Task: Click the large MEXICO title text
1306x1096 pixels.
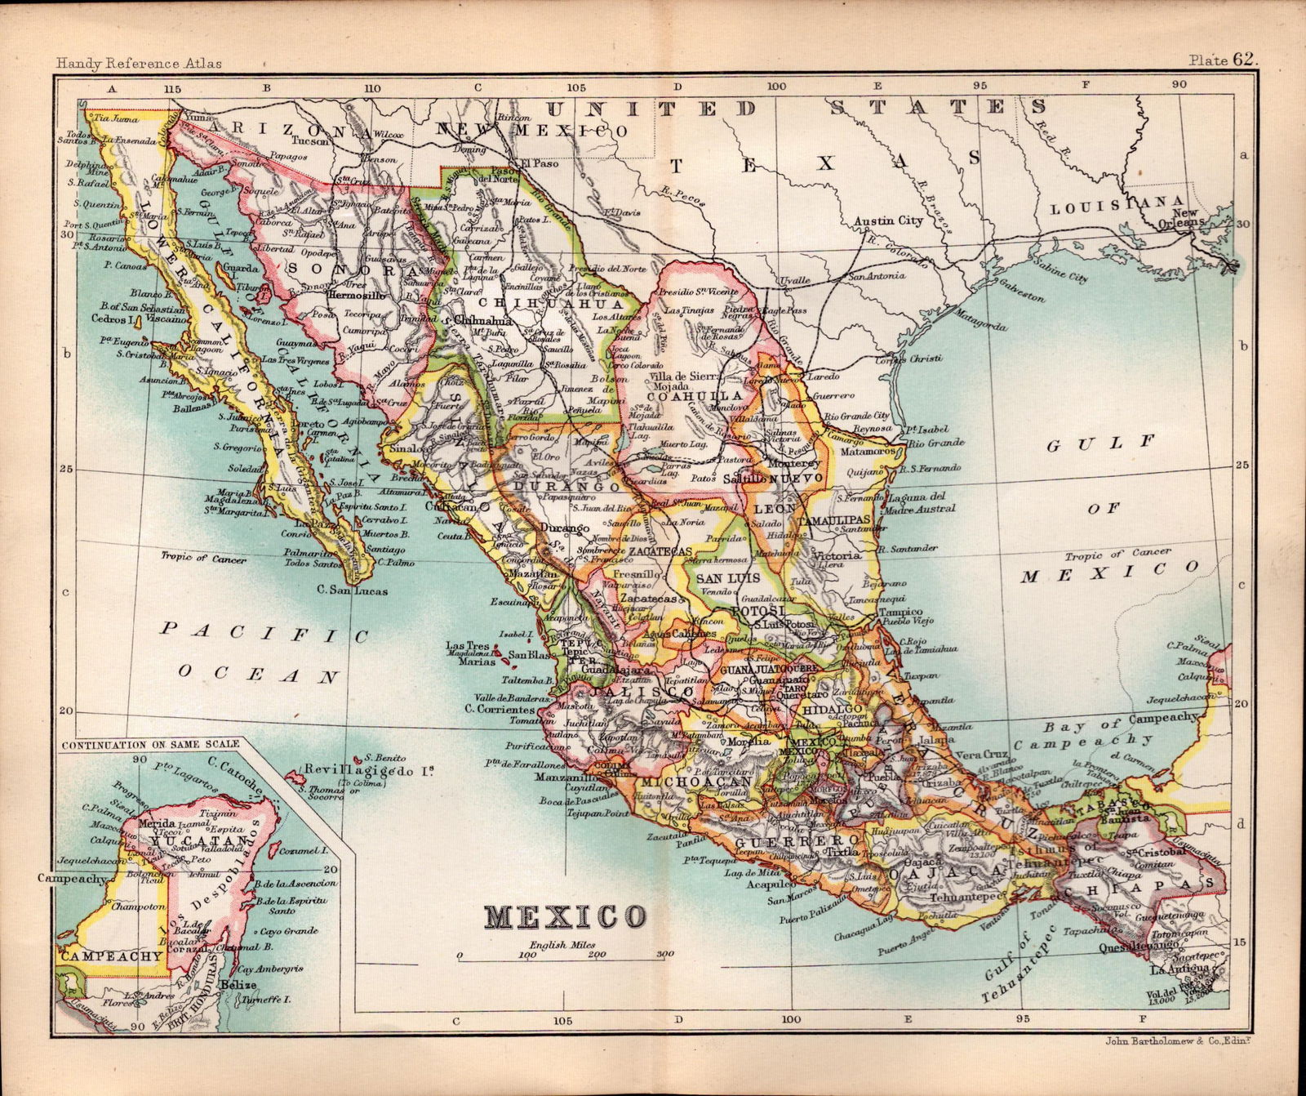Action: (565, 917)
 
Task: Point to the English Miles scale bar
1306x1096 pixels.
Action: (562, 955)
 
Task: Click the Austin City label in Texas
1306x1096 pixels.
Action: (888, 221)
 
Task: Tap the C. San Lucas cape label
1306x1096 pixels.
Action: (353, 590)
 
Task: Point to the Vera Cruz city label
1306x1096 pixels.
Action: (979, 755)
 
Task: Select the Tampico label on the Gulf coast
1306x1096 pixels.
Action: (900, 612)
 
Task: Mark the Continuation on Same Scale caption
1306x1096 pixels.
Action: (151, 744)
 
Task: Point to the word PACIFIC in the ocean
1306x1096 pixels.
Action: (264, 633)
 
